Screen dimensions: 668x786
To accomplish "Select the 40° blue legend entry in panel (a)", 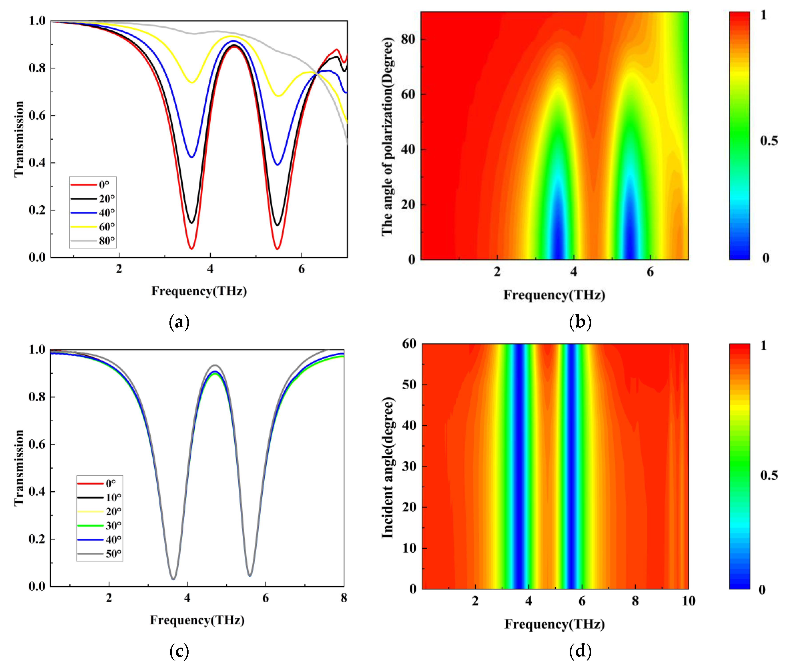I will click(x=93, y=213).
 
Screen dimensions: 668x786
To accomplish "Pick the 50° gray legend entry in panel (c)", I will click(x=99, y=554).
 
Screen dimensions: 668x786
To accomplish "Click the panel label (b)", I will click(x=580, y=322).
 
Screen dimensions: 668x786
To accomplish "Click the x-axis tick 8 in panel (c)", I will click(x=344, y=598).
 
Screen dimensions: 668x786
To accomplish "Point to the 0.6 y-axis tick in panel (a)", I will click(x=37, y=115).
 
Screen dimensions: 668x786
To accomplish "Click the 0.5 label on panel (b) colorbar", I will click(x=769, y=141).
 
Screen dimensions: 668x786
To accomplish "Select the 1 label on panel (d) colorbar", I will click(x=763, y=345).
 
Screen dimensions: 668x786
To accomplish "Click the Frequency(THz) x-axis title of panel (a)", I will click(x=199, y=291).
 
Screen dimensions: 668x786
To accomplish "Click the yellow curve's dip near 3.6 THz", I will click(x=192, y=82).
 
